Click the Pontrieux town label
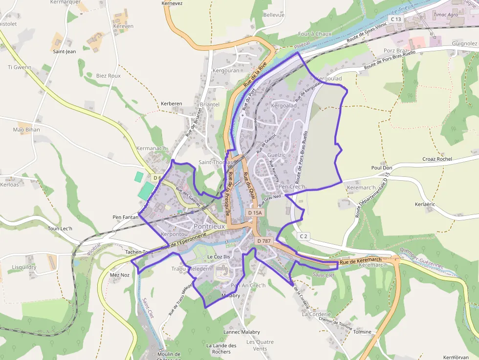209,227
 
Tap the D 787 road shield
263,241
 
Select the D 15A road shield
255,213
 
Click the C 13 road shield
395,19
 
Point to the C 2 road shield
304,236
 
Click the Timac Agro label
446,15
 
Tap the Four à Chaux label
315,34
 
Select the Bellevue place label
274,15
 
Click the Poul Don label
382,168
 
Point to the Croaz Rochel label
437,159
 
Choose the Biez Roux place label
108,76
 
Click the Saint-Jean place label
65,51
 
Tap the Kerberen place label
171,104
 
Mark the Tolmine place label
362,332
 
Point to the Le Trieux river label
402,8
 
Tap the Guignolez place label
464,43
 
